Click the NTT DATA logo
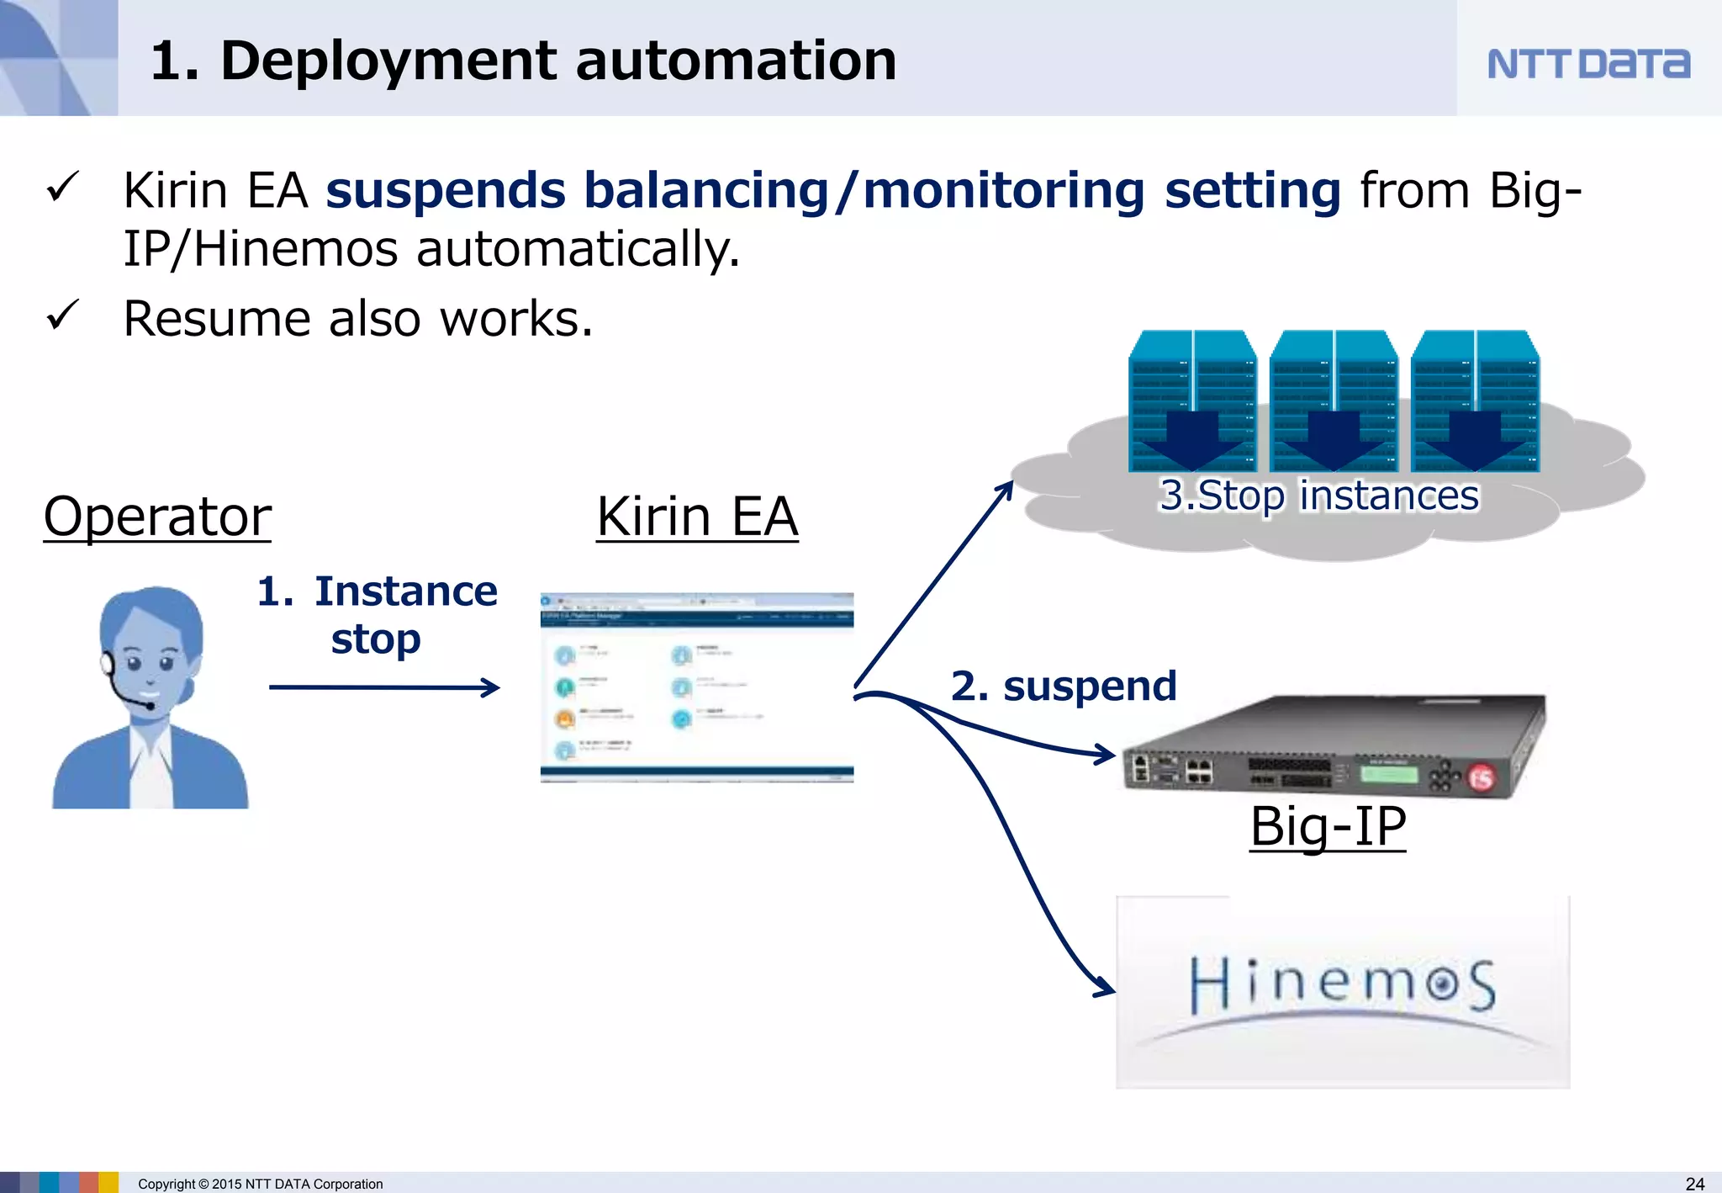(x=1587, y=64)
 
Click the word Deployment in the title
(x=388, y=61)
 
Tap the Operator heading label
(x=157, y=516)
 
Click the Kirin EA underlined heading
(x=697, y=516)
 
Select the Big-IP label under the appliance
(x=1327, y=826)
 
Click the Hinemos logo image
(x=1342, y=991)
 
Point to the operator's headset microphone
(x=149, y=705)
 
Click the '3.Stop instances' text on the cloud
(x=1318, y=495)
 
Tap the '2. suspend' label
(x=1064, y=686)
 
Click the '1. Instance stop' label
(x=377, y=614)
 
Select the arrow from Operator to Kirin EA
(x=383, y=687)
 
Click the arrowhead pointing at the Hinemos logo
(x=1104, y=986)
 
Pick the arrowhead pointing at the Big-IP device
(x=1105, y=754)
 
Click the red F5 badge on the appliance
(x=1482, y=777)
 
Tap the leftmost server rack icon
(x=1192, y=400)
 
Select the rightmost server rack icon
(x=1475, y=400)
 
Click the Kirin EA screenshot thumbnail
(x=697, y=687)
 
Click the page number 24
(x=1694, y=1183)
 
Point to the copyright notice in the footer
(x=260, y=1184)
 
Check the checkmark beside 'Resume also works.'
(x=63, y=315)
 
